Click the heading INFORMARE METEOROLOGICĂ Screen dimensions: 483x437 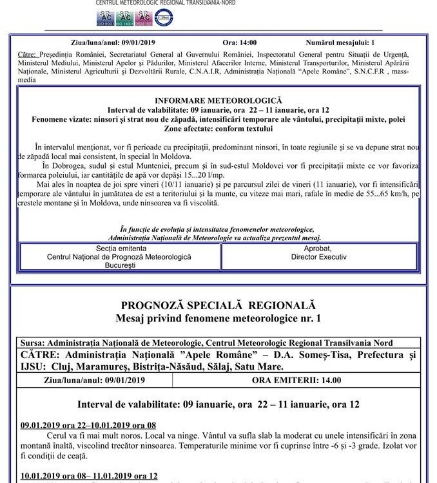pyautogui.click(x=218, y=101)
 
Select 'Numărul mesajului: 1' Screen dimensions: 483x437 pyautogui.click(x=340, y=43)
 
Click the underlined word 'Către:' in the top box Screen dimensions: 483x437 pyautogui.click(x=28, y=55)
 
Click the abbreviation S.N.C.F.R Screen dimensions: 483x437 pyautogui.click(x=369, y=71)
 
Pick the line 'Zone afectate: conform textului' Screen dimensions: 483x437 pyautogui.click(x=218, y=129)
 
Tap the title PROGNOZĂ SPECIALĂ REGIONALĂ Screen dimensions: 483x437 pyautogui.click(x=218, y=305)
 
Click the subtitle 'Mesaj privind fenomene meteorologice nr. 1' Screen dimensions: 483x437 pyautogui.click(x=218, y=319)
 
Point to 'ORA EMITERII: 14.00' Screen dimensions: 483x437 pyautogui.click(x=302, y=380)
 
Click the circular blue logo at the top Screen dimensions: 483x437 pyautogui.click(x=163, y=18)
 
